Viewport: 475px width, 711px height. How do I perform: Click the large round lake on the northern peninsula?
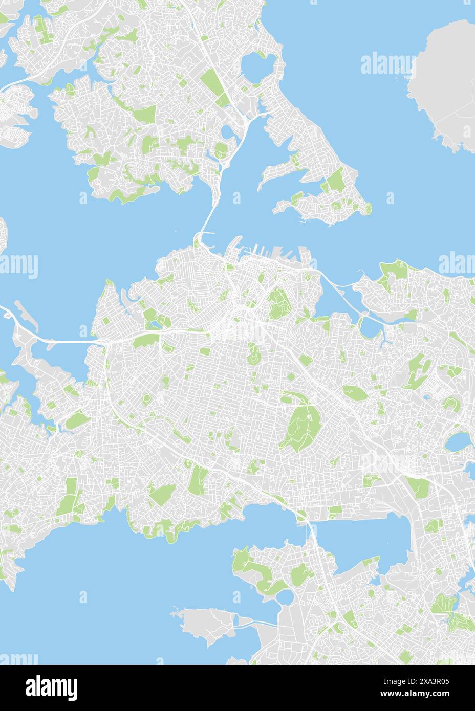pyautogui.click(x=258, y=65)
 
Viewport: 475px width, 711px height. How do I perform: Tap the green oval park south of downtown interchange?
pyautogui.click(x=252, y=353)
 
